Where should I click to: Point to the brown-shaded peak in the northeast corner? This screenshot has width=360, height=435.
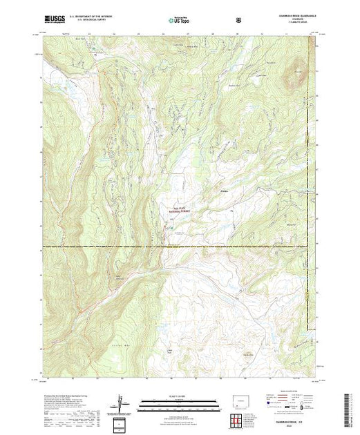click(x=298, y=68)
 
